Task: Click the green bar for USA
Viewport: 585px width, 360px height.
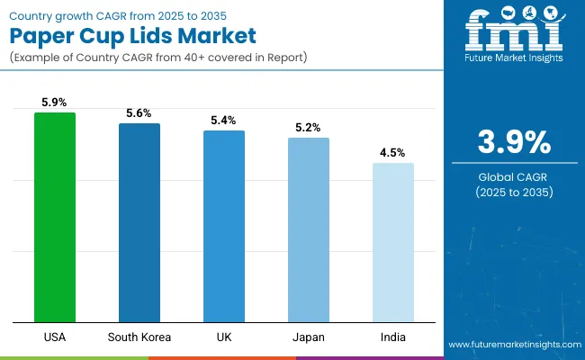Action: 55,217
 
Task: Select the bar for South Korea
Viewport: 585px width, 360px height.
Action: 139,222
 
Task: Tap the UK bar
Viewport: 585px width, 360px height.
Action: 224,226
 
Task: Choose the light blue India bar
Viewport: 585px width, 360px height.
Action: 393,242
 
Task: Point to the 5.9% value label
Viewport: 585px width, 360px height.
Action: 55,103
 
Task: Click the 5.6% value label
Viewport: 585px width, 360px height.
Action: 139,113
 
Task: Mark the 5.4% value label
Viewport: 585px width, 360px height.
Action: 224,121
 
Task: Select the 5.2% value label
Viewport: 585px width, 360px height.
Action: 309,128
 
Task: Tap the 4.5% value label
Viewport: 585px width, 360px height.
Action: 393,153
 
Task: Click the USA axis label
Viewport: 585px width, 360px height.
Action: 55,337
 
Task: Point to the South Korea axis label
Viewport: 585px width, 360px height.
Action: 139,337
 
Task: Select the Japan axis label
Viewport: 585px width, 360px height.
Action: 309,337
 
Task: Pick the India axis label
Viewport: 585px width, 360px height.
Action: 393,337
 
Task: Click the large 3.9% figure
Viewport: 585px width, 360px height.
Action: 513,142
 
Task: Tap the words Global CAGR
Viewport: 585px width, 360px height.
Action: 513,176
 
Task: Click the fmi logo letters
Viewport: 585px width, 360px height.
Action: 513,34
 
